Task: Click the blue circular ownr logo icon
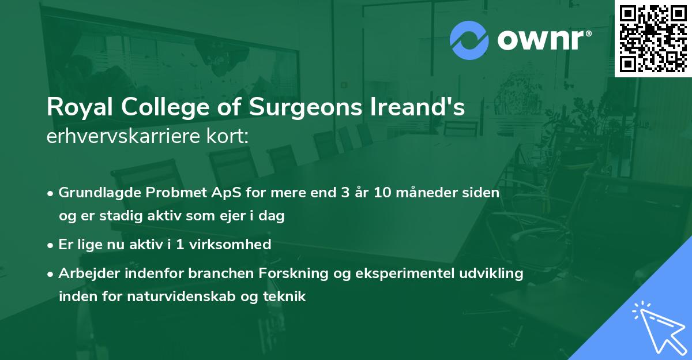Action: point(468,40)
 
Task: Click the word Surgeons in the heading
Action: point(288,108)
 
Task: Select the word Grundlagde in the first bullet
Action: point(93,193)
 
